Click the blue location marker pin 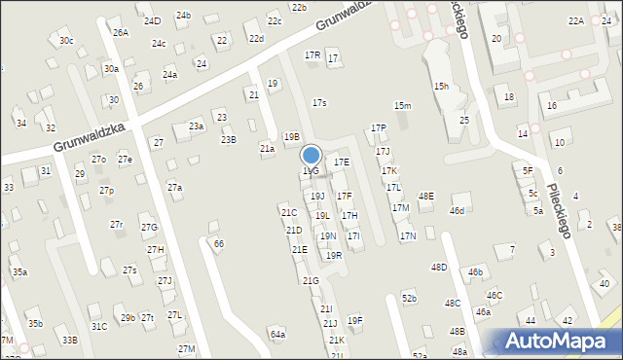[x=311, y=155]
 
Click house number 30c [x=65, y=40]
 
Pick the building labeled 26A [x=120, y=32]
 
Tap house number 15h [x=442, y=86]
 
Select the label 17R [x=311, y=55]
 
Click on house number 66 [x=219, y=243]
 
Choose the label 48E [x=425, y=197]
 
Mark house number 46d [x=457, y=210]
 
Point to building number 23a [x=197, y=126]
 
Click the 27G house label [x=149, y=227]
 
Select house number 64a [x=278, y=334]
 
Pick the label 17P [x=378, y=127]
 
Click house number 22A [x=576, y=20]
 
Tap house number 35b [x=35, y=323]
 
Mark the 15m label [x=402, y=105]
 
